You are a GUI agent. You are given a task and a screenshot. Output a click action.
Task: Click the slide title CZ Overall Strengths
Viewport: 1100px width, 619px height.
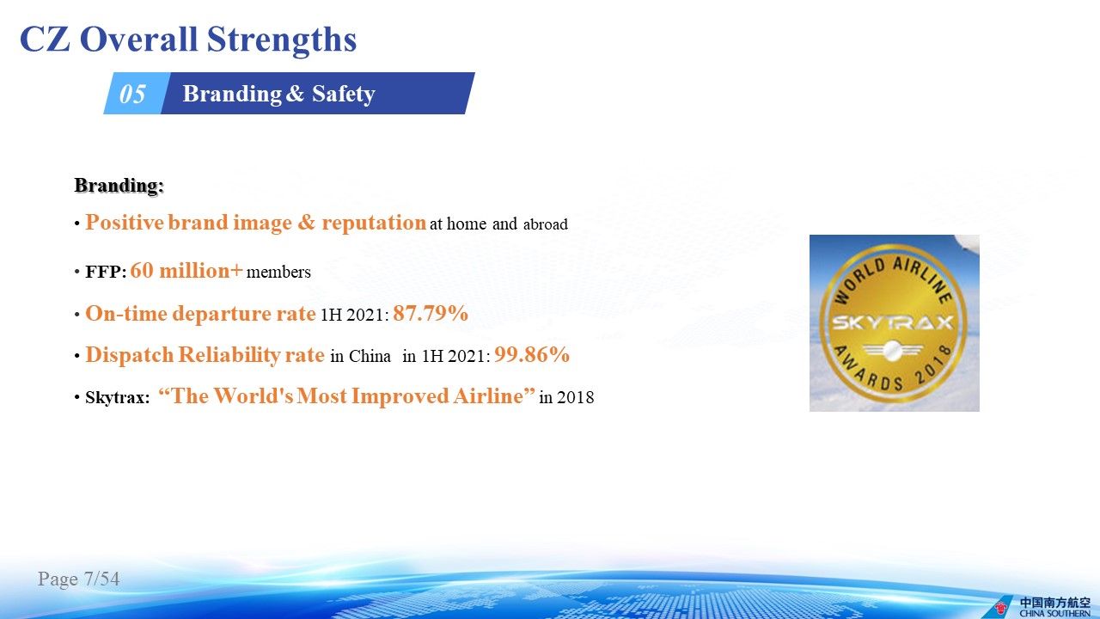(x=188, y=40)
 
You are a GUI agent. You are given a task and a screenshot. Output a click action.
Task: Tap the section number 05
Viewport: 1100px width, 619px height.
(x=132, y=94)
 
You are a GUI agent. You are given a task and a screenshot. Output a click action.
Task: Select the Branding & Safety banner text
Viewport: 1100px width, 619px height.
(x=279, y=94)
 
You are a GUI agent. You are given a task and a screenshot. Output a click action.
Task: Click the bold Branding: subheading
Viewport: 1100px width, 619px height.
(x=119, y=186)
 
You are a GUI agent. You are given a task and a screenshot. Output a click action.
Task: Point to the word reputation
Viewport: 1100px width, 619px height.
(x=374, y=223)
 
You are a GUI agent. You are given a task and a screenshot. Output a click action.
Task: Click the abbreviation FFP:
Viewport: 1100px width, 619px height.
(x=106, y=272)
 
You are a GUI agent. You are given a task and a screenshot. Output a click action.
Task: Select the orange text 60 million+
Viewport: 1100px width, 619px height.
(x=186, y=271)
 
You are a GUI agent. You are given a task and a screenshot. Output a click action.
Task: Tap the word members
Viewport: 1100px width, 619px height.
(x=278, y=273)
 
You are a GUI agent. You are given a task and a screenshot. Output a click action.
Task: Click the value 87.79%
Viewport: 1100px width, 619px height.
(x=431, y=313)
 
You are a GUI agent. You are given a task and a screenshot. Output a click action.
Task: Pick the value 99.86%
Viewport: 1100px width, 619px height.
(x=532, y=354)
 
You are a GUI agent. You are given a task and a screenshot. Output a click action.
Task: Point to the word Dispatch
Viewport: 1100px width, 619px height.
(x=130, y=355)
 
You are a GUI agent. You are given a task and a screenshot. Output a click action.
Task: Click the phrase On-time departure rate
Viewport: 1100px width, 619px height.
(x=200, y=314)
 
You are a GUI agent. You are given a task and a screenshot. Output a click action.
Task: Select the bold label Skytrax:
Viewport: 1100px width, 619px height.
(x=118, y=397)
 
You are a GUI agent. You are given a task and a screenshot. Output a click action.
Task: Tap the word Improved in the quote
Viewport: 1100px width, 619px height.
(x=400, y=396)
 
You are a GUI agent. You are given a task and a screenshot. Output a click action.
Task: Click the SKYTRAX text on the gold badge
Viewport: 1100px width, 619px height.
(x=893, y=322)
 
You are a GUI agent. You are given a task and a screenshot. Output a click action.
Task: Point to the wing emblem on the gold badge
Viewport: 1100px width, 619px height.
(x=893, y=350)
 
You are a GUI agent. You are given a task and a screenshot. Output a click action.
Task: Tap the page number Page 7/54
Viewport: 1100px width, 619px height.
(x=78, y=579)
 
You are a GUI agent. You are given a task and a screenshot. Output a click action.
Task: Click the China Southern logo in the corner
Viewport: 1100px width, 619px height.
(x=1044, y=606)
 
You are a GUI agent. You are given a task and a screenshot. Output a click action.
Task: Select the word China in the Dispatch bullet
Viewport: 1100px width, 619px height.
(x=370, y=356)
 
